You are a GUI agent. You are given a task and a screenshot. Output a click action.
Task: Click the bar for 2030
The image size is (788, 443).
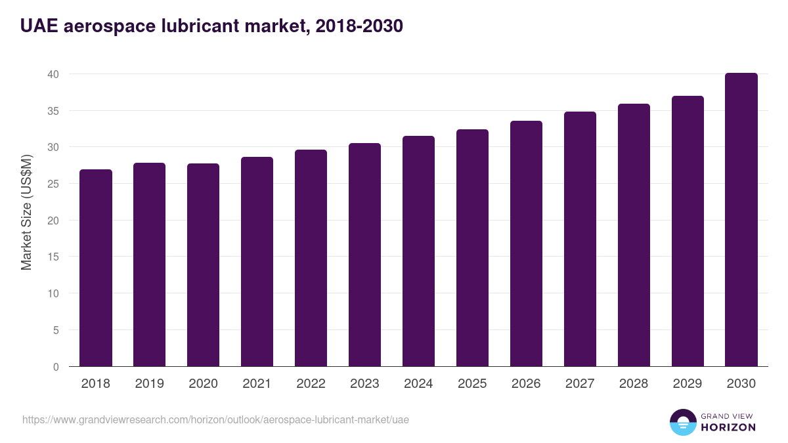[741, 220]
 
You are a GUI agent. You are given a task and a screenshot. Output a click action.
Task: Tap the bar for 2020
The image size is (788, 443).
[204, 265]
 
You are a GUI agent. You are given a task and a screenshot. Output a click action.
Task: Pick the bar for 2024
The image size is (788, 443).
[418, 251]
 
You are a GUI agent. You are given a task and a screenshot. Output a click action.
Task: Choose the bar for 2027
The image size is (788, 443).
[580, 239]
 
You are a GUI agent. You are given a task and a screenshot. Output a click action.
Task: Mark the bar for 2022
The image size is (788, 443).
[311, 258]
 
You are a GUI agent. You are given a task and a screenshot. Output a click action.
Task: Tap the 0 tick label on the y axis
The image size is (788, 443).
[56, 367]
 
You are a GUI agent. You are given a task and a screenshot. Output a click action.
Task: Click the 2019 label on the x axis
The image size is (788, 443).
[150, 384]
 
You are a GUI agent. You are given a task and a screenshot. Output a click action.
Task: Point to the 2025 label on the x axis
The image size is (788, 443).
[472, 384]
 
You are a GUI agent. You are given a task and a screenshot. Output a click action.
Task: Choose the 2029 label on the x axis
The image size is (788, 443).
[688, 384]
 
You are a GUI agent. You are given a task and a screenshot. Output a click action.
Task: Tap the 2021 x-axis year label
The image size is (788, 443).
[257, 384]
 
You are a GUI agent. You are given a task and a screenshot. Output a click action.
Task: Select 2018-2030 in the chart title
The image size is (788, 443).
[359, 26]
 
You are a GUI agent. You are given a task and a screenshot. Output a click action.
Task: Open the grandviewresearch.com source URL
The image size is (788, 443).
[215, 419]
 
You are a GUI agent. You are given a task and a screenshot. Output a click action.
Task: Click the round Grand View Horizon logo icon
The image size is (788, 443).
[682, 422]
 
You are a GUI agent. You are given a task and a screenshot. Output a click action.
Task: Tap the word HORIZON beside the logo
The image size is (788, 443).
[728, 427]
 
